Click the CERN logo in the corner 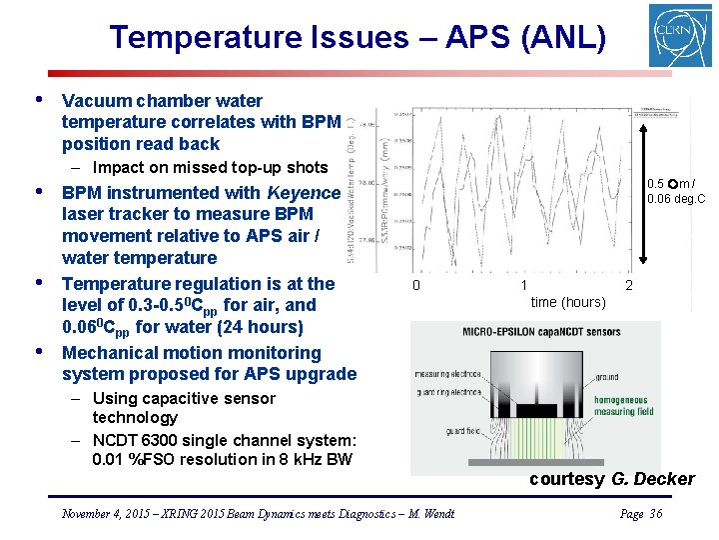[x=679, y=35]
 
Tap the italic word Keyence [x=304, y=192]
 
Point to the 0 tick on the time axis [x=416, y=286]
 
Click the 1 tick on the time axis [x=523, y=286]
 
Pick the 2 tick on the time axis [x=628, y=286]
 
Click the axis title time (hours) [x=567, y=302]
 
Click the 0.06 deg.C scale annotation [x=676, y=199]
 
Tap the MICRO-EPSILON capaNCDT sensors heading [x=540, y=332]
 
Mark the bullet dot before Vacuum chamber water [x=37, y=100]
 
